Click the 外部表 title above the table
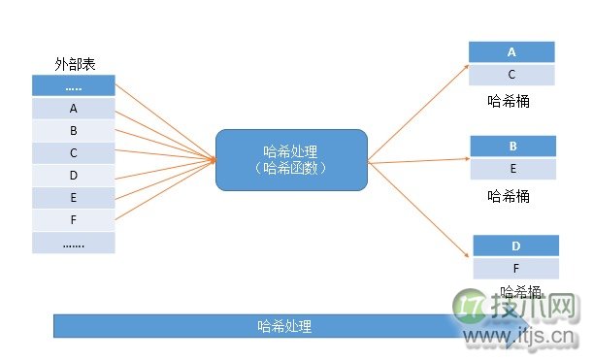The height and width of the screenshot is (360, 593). (x=73, y=64)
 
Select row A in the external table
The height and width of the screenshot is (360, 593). (x=74, y=108)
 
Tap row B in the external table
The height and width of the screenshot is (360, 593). (x=74, y=130)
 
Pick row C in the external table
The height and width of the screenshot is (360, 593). (x=74, y=152)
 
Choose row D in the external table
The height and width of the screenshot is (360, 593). (x=74, y=175)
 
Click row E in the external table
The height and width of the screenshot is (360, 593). (x=74, y=197)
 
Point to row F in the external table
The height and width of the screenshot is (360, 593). (x=74, y=219)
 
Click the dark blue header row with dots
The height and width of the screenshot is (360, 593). (x=74, y=85)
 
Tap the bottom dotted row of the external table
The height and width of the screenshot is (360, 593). (x=74, y=243)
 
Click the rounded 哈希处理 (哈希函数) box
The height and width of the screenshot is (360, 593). (x=291, y=159)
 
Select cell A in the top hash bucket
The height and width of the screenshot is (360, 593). (x=511, y=52)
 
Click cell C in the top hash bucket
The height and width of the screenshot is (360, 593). (x=511, y=75)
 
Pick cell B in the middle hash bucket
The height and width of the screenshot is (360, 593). (x=511, y=147)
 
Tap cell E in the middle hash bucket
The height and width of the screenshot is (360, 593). (x=511, y=168)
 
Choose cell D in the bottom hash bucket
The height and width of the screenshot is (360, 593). (x=515, y=246)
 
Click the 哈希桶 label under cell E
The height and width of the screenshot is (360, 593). (x=509, y=195)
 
